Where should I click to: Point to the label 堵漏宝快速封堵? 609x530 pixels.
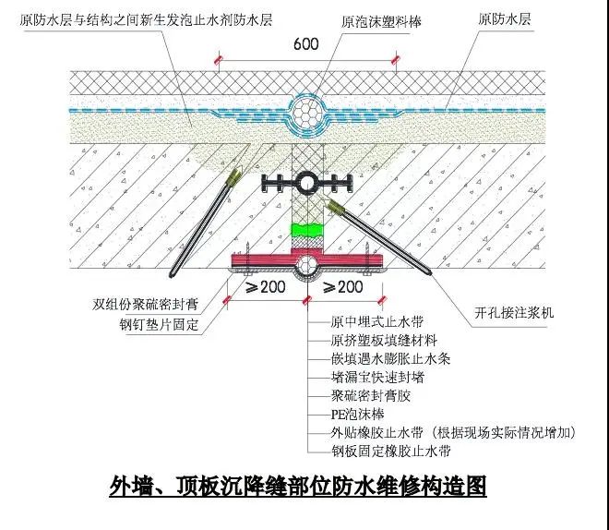376,379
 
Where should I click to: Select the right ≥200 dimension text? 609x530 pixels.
347,288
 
